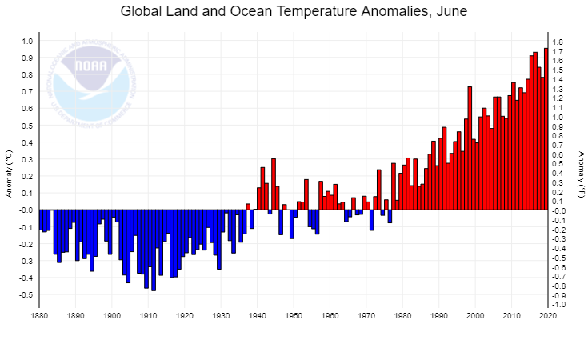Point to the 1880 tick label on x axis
click(39, 317)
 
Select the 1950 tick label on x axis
click(294, 317)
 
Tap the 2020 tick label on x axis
click(548, 317)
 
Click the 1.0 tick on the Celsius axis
click(27, 41)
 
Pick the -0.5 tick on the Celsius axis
click(26, 295)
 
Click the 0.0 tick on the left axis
click(27, 210)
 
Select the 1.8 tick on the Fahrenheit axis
click(558, 42)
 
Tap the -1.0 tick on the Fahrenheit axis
click(559, 305)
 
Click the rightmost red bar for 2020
click(546, 128)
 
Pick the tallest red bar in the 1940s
click(273, 184)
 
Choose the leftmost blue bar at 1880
click(41, 220)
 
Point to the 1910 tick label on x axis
click(148, 317)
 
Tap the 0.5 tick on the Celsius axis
click(27, 126)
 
